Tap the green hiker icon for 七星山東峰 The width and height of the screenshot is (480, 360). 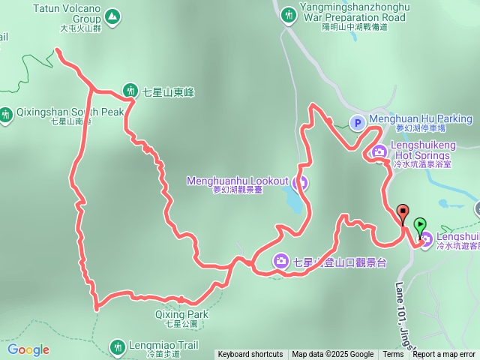point(129,91)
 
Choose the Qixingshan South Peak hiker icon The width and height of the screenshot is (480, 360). point(6,115)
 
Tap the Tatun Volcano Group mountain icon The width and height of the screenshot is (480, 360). point(112,15)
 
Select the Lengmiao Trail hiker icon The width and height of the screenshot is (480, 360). point(117,347)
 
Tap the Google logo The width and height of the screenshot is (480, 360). point(28,349)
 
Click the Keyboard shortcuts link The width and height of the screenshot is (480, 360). point(250,354)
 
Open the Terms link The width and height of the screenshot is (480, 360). point(392,354)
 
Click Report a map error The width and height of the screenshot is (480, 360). point(444,354)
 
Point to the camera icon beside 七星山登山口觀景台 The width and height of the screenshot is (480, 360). point(280,261)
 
